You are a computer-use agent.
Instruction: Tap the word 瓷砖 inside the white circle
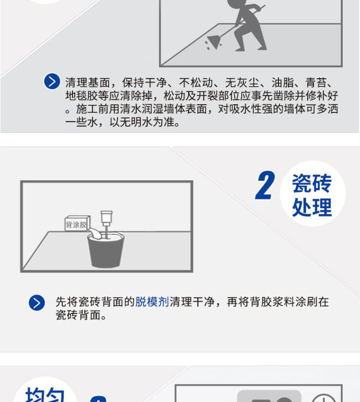pyautogui.click(x=312, y=183)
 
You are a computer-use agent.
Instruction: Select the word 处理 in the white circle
pyautogui.click(x=312, y=207)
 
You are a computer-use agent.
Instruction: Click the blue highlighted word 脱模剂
pyautogui.click(x=152, y=302)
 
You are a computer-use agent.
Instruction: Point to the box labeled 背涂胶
pyautogui.click(x=77, y=224)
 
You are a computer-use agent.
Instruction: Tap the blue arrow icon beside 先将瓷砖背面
pyautogui.click(x=37, y=303)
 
